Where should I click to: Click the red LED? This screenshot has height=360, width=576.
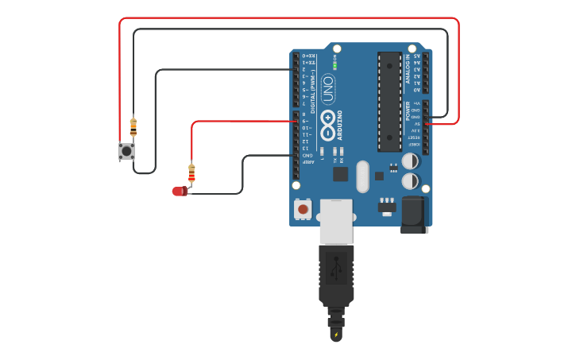[180, 191]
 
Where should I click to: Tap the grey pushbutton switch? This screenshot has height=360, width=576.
[126, 150]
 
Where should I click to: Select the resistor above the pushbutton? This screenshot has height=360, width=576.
[133, 126]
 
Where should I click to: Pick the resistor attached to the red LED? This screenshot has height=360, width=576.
[191, 172]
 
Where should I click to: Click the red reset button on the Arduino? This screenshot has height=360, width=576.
[303, 209]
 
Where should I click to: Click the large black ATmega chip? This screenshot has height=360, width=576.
[389, 101]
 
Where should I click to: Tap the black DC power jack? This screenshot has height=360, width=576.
[414, 214]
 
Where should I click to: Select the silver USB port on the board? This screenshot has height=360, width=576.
[336, 221]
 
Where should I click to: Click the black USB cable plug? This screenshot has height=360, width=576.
[336, 274]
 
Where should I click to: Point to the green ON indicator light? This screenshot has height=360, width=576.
[334, 64]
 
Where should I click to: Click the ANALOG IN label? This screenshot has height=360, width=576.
[408, 70]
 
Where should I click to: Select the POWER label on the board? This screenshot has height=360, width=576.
[408, 110]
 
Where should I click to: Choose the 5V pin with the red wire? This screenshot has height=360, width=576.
[426, 124]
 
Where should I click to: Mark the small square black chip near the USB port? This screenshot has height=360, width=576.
[340, 174]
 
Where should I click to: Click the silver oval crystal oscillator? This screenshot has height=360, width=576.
[362, 176]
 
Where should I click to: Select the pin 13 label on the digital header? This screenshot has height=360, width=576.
[306, 149]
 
